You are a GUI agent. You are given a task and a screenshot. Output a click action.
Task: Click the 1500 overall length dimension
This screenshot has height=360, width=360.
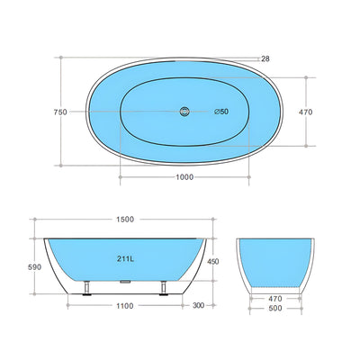click(125, 220)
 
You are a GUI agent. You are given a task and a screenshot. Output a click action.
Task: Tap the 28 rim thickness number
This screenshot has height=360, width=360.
click(265, 58)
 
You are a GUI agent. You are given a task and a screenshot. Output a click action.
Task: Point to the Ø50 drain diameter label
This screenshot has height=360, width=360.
click(221, 112)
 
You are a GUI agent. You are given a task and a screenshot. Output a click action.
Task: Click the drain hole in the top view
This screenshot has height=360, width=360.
click(184, 112)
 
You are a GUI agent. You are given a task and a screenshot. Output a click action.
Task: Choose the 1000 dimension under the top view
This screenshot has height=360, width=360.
click(184, 177)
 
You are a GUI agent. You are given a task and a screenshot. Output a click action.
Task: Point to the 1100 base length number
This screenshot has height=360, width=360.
click(124, 306)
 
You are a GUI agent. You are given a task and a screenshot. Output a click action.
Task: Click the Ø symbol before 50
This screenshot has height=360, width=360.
click(216, 112)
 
